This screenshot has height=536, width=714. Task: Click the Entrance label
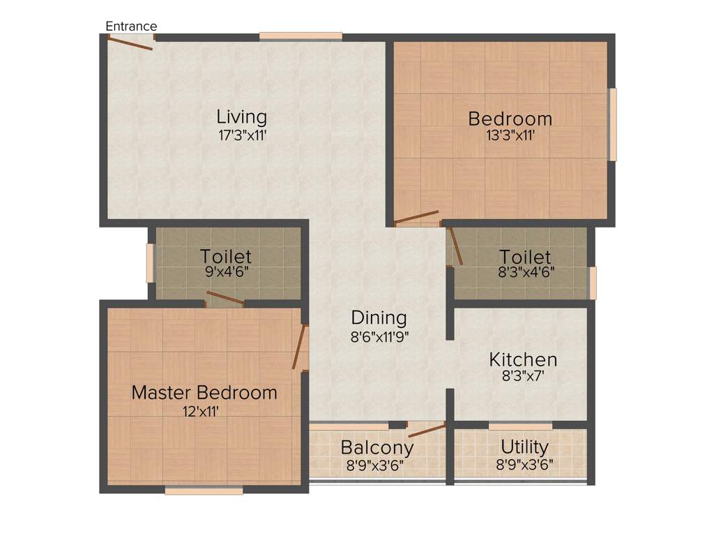coord(131,27)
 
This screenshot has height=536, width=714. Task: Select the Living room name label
coord(241,117)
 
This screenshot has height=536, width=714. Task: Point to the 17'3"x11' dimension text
coord(241,135)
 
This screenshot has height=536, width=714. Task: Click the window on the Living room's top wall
coord(301,36)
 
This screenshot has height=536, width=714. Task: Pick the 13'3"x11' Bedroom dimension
coord(510,136)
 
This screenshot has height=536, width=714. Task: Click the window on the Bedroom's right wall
coord(613,124)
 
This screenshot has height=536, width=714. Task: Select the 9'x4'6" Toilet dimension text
coord(226,272)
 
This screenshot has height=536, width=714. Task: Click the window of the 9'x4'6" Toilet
coord(150,262)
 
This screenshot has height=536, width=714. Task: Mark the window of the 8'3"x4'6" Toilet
coord(593,283)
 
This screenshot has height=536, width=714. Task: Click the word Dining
coord(379,318)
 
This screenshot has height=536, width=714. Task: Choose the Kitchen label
coord(523,360)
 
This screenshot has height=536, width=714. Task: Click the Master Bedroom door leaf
coord(300,347)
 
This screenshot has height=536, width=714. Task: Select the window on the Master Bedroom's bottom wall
coord(204,491)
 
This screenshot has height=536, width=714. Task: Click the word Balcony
coord(377,447)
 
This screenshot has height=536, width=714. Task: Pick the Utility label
coord(524,447)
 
